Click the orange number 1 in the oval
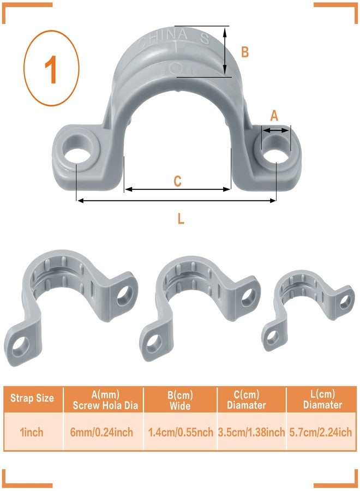tap(51, 70)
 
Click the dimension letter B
tap(245, 52)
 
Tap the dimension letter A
tap(274, 116)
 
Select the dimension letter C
tap(177, 181)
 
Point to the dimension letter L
tap(181, 219)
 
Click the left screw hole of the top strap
tap(76, 151)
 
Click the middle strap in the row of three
tap(199, 306)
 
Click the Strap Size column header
tap(32, 398)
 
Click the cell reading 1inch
tap(32, 432)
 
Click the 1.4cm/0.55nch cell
tap(181, 432)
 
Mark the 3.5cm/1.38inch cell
tap(251, 432)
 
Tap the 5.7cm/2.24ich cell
tap(322, 432)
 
